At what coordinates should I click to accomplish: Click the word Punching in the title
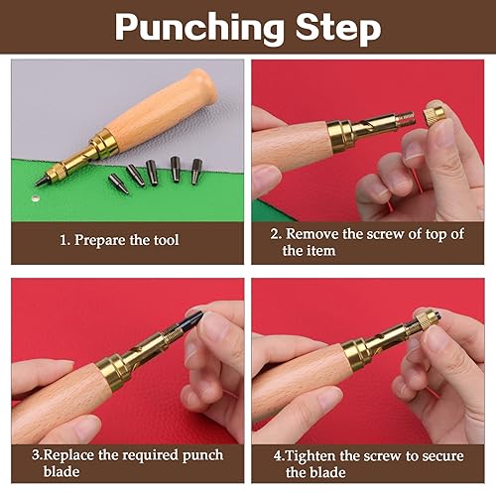point(199,29)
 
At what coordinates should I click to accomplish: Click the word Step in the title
point(338,29)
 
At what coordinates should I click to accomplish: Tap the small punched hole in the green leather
point(35,198)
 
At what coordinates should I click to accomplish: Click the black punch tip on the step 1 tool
point(42,181)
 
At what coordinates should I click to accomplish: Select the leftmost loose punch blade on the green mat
point(118,184)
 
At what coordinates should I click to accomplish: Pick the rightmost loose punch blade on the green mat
point(196,171)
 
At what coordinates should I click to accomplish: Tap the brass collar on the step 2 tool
point(338,136)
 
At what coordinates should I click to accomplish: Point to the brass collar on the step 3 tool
point(112,370)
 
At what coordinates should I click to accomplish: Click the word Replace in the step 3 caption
point(68,455)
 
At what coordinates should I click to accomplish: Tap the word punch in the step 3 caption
point(202,456)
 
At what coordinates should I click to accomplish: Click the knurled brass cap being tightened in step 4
point(426,319)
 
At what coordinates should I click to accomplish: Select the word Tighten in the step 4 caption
point(310,456)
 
